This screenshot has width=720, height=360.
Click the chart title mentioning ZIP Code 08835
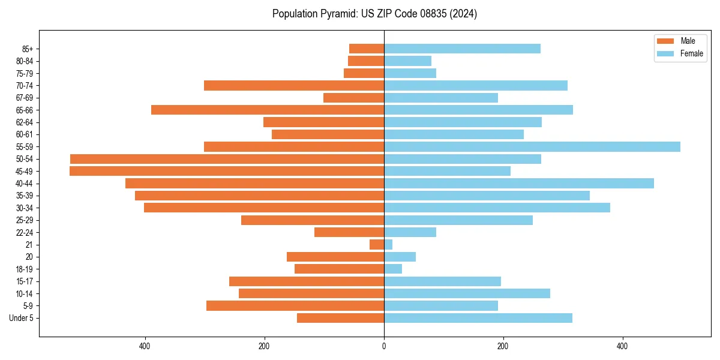pyautogui.click(x=374, y=14)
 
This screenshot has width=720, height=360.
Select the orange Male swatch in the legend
pyautogui.click(x=665, y=41)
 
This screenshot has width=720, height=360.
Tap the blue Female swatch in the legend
pyautogui.click(x=665, y=53)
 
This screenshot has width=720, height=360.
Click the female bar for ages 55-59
pyautogui.click(x=532, y=146)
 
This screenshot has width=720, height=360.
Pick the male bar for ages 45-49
pyautogui.click(x=227, y=171)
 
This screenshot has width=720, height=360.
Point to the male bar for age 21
pyautogui.click(x=377, y=244)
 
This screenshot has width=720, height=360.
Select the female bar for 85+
pyautogui.click(x=462, y=49)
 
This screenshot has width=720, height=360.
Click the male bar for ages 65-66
pyautogui.click(x=268, y=110)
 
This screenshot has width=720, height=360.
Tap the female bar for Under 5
pyautogui.click(x=478, y=318)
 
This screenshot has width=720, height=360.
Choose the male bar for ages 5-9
pyautogui.click(x=295, y=305)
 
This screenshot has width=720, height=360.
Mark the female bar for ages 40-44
pyautogui.click(x=519, y=183)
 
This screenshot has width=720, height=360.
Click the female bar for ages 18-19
pyautogui.click(x=393, y=269)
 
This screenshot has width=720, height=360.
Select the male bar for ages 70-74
pyautogui.click(x=294, y=85)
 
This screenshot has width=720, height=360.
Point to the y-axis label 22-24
pyautogui.click(x=25, y=232)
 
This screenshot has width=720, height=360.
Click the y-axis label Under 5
pyautogui.click(x=21, y=318)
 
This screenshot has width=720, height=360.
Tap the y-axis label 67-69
pyautogui.click(x=25, y=98)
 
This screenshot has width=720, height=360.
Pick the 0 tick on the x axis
pyautogui.click(x=384, y=346)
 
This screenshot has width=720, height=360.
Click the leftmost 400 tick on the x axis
pyautogui.click(x=145, y=346)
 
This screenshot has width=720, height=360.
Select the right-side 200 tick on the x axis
pyautogui.click(x=503, y=346)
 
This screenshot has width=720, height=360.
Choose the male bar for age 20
pyautogui.click(x=335, y=257)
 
